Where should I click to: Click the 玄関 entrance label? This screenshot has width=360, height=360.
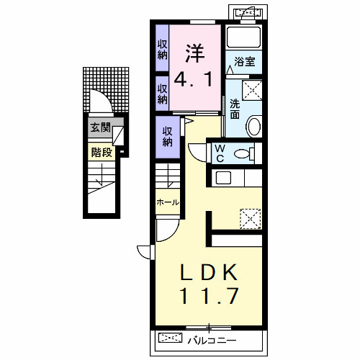pos(100,127)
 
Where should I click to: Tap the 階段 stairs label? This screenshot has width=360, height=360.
pos(102,152)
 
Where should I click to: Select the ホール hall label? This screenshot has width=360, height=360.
pos(168,202)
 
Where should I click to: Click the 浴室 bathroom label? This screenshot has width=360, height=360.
pos(245,62)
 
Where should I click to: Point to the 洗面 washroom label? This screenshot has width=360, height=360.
pos(235,109)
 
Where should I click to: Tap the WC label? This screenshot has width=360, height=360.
pos(220,153)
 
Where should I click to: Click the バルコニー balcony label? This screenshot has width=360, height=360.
pos(212,341)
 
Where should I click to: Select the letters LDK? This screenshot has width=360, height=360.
pos(209,272)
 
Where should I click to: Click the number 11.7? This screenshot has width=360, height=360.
pos(209,296)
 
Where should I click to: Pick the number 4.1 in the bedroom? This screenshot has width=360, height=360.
pos(193,79)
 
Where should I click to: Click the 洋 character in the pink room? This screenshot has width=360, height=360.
pos(195,53)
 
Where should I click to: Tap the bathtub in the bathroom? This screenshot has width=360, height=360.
pos(243,37)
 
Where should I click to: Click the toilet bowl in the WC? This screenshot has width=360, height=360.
pos(244,153)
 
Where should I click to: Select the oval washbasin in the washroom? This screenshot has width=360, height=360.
pos(254,127)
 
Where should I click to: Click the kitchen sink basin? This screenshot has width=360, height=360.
pos(223,178)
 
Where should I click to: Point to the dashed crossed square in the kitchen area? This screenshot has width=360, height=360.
pos(251,219)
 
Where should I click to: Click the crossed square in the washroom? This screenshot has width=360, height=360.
pos(252,90)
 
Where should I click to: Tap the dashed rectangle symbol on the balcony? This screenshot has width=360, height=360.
pos(171,338)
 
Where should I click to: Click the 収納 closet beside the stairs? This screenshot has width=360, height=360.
pos(168,137)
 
